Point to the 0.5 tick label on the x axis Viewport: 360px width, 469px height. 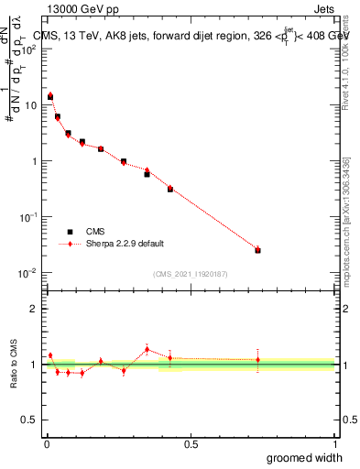191,444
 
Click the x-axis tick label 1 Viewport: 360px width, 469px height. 333,444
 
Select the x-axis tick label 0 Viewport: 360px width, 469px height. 47,444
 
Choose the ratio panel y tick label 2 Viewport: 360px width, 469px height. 33,309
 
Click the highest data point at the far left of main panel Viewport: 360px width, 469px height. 50,96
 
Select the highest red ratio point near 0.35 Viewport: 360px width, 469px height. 147,349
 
